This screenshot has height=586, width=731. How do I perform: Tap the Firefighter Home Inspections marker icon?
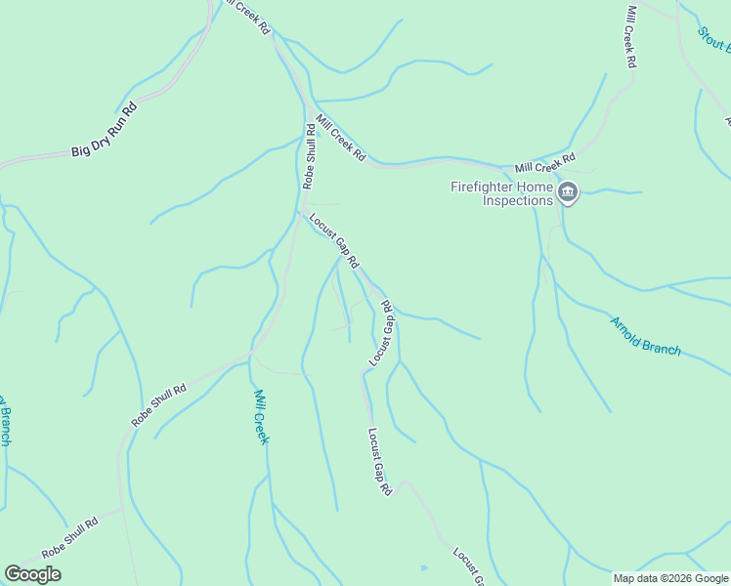tap(569, 193)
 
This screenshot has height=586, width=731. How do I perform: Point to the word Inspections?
tap(518, 201)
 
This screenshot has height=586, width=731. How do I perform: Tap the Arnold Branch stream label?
tap(645, 335)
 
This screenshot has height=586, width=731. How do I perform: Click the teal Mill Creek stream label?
tap(261, 416)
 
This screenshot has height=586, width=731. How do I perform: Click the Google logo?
tap(32, 574)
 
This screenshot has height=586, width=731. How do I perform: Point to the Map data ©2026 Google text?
tap(670, 578)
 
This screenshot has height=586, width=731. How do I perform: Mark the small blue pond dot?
tap(423, 566)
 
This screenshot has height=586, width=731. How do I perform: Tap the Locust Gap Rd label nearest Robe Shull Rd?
tap(334, 241)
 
